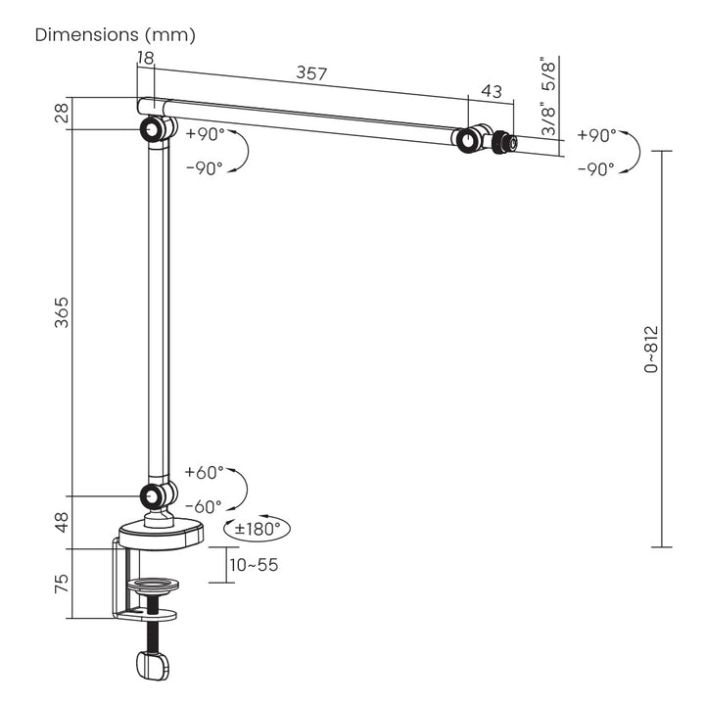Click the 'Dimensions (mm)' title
pos(116,35)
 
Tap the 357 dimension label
pos(311,72)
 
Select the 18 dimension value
pos(146,58)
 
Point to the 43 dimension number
pos(491,91)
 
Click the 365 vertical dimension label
pos(62,312)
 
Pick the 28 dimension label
pos(62,113)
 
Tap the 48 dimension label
pos(62,522)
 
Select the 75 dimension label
pos(62,584)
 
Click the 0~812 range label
pos(651,350)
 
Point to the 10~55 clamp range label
pos(254,565)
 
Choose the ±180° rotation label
pos(258,529)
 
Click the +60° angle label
pos(204,473)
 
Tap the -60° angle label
pos(204,507)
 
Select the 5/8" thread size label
pos(549,73)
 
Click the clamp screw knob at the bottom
pos(153,665)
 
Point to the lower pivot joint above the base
pos(158,495)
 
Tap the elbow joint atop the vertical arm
pos(158,129)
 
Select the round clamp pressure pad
pos(153,585)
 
